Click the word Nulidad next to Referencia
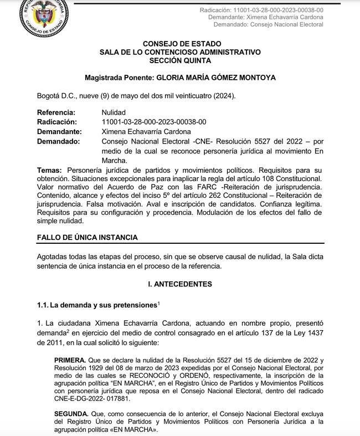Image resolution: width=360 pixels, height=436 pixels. point(114,112)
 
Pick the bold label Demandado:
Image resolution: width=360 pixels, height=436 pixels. point(58,141)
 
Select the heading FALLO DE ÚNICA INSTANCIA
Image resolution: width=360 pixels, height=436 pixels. point(87,237)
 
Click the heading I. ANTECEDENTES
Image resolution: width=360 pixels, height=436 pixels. point(179,284)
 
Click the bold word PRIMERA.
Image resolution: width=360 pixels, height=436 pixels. point(70,360)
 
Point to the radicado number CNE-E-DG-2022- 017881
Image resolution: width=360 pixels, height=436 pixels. point(91,397)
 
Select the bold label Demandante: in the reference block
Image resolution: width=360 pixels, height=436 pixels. point(59,131)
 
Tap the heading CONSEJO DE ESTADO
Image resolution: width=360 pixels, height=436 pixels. point(182,43)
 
